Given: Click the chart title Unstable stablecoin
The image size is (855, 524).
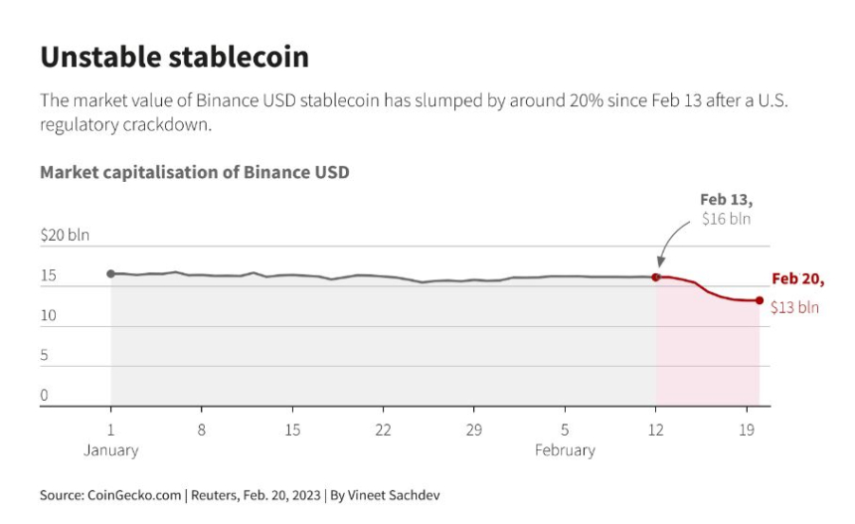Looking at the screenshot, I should coord(174,58).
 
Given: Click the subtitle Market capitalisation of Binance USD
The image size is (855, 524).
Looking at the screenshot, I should coord(194,172).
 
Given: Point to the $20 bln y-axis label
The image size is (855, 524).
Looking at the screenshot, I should coord(65,236).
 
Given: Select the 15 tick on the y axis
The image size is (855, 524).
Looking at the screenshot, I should coord(49,275).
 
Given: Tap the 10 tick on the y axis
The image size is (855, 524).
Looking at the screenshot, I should coord(49,316).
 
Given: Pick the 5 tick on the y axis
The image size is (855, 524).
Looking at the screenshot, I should coord(44,355).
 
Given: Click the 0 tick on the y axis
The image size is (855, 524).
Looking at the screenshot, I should coord(44,395).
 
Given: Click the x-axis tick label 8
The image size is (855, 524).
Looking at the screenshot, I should coord(201,431).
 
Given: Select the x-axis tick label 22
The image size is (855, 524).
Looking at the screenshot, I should coord(383,431).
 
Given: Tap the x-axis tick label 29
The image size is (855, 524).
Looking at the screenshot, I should coord(474,431).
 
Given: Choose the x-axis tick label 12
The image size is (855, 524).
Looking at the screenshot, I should coord(656,431).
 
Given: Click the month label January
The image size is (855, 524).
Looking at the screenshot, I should coord(110,450).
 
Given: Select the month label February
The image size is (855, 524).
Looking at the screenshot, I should coord(565,450).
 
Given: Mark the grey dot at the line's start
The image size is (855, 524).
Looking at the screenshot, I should coord(110,273).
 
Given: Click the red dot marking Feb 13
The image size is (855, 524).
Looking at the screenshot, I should coord(656,276).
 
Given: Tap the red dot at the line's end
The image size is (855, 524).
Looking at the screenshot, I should coord(760,300).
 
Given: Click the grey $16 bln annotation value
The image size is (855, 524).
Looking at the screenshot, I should coord(726,219).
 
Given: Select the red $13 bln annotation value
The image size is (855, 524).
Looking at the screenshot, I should coord(794,308).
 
